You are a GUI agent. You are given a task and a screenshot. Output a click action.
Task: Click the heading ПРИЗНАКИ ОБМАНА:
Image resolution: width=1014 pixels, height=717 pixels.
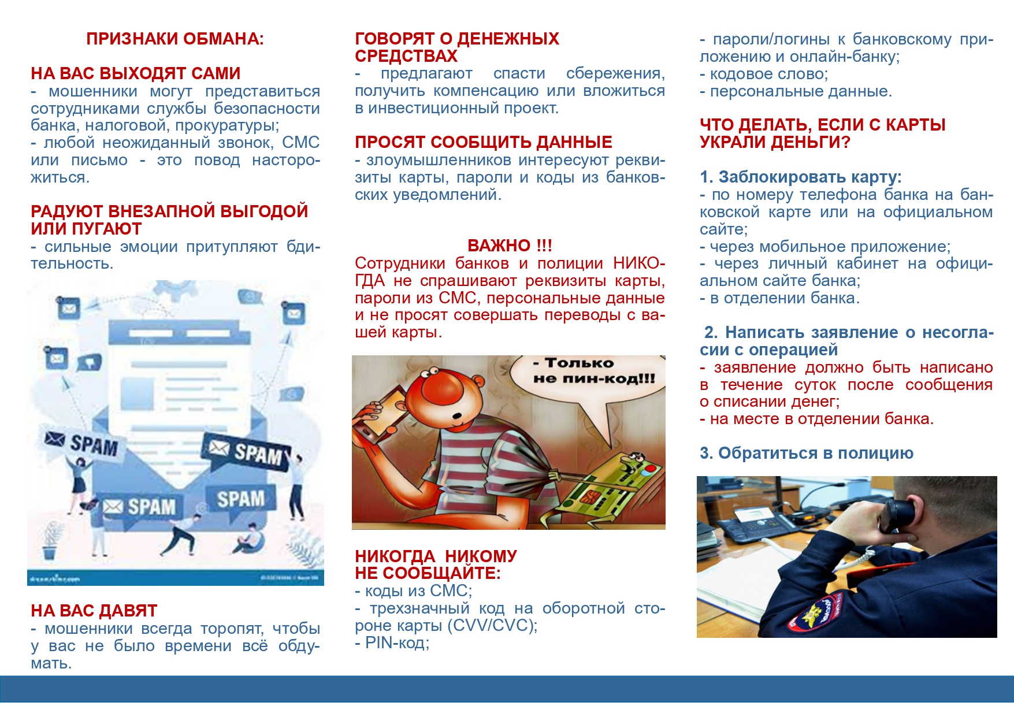[175, 39]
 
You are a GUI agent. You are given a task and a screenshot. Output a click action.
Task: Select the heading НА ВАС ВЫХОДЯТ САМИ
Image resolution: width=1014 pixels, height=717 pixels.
[135, 73]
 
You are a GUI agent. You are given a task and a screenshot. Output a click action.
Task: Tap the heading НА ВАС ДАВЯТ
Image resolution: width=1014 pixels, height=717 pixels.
[94, 611]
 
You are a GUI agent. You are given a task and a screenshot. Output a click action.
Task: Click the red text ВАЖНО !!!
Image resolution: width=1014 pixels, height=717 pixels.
[510, 246]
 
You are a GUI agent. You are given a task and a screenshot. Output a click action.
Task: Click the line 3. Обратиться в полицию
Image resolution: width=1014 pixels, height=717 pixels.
[807, 454]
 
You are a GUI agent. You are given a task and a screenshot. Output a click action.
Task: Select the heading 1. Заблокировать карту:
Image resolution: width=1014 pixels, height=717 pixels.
[800, 177]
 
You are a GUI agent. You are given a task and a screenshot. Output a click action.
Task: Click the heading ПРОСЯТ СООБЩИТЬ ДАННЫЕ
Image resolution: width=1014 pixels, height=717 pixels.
[483, 142]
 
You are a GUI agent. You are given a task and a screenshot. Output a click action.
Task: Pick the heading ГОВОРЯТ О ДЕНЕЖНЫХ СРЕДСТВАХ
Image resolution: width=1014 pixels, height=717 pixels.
[456, 47]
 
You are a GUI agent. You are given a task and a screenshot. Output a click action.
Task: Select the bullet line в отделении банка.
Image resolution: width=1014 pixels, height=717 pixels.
[783, 298]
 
